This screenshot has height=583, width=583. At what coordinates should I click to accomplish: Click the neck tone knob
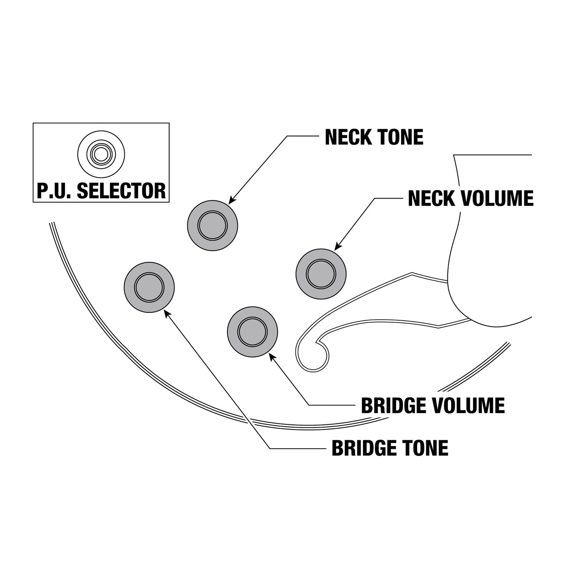[212, 225]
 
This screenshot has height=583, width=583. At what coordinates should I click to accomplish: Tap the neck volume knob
[321, 274]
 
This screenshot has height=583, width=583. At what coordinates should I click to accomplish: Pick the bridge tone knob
[149, 288]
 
